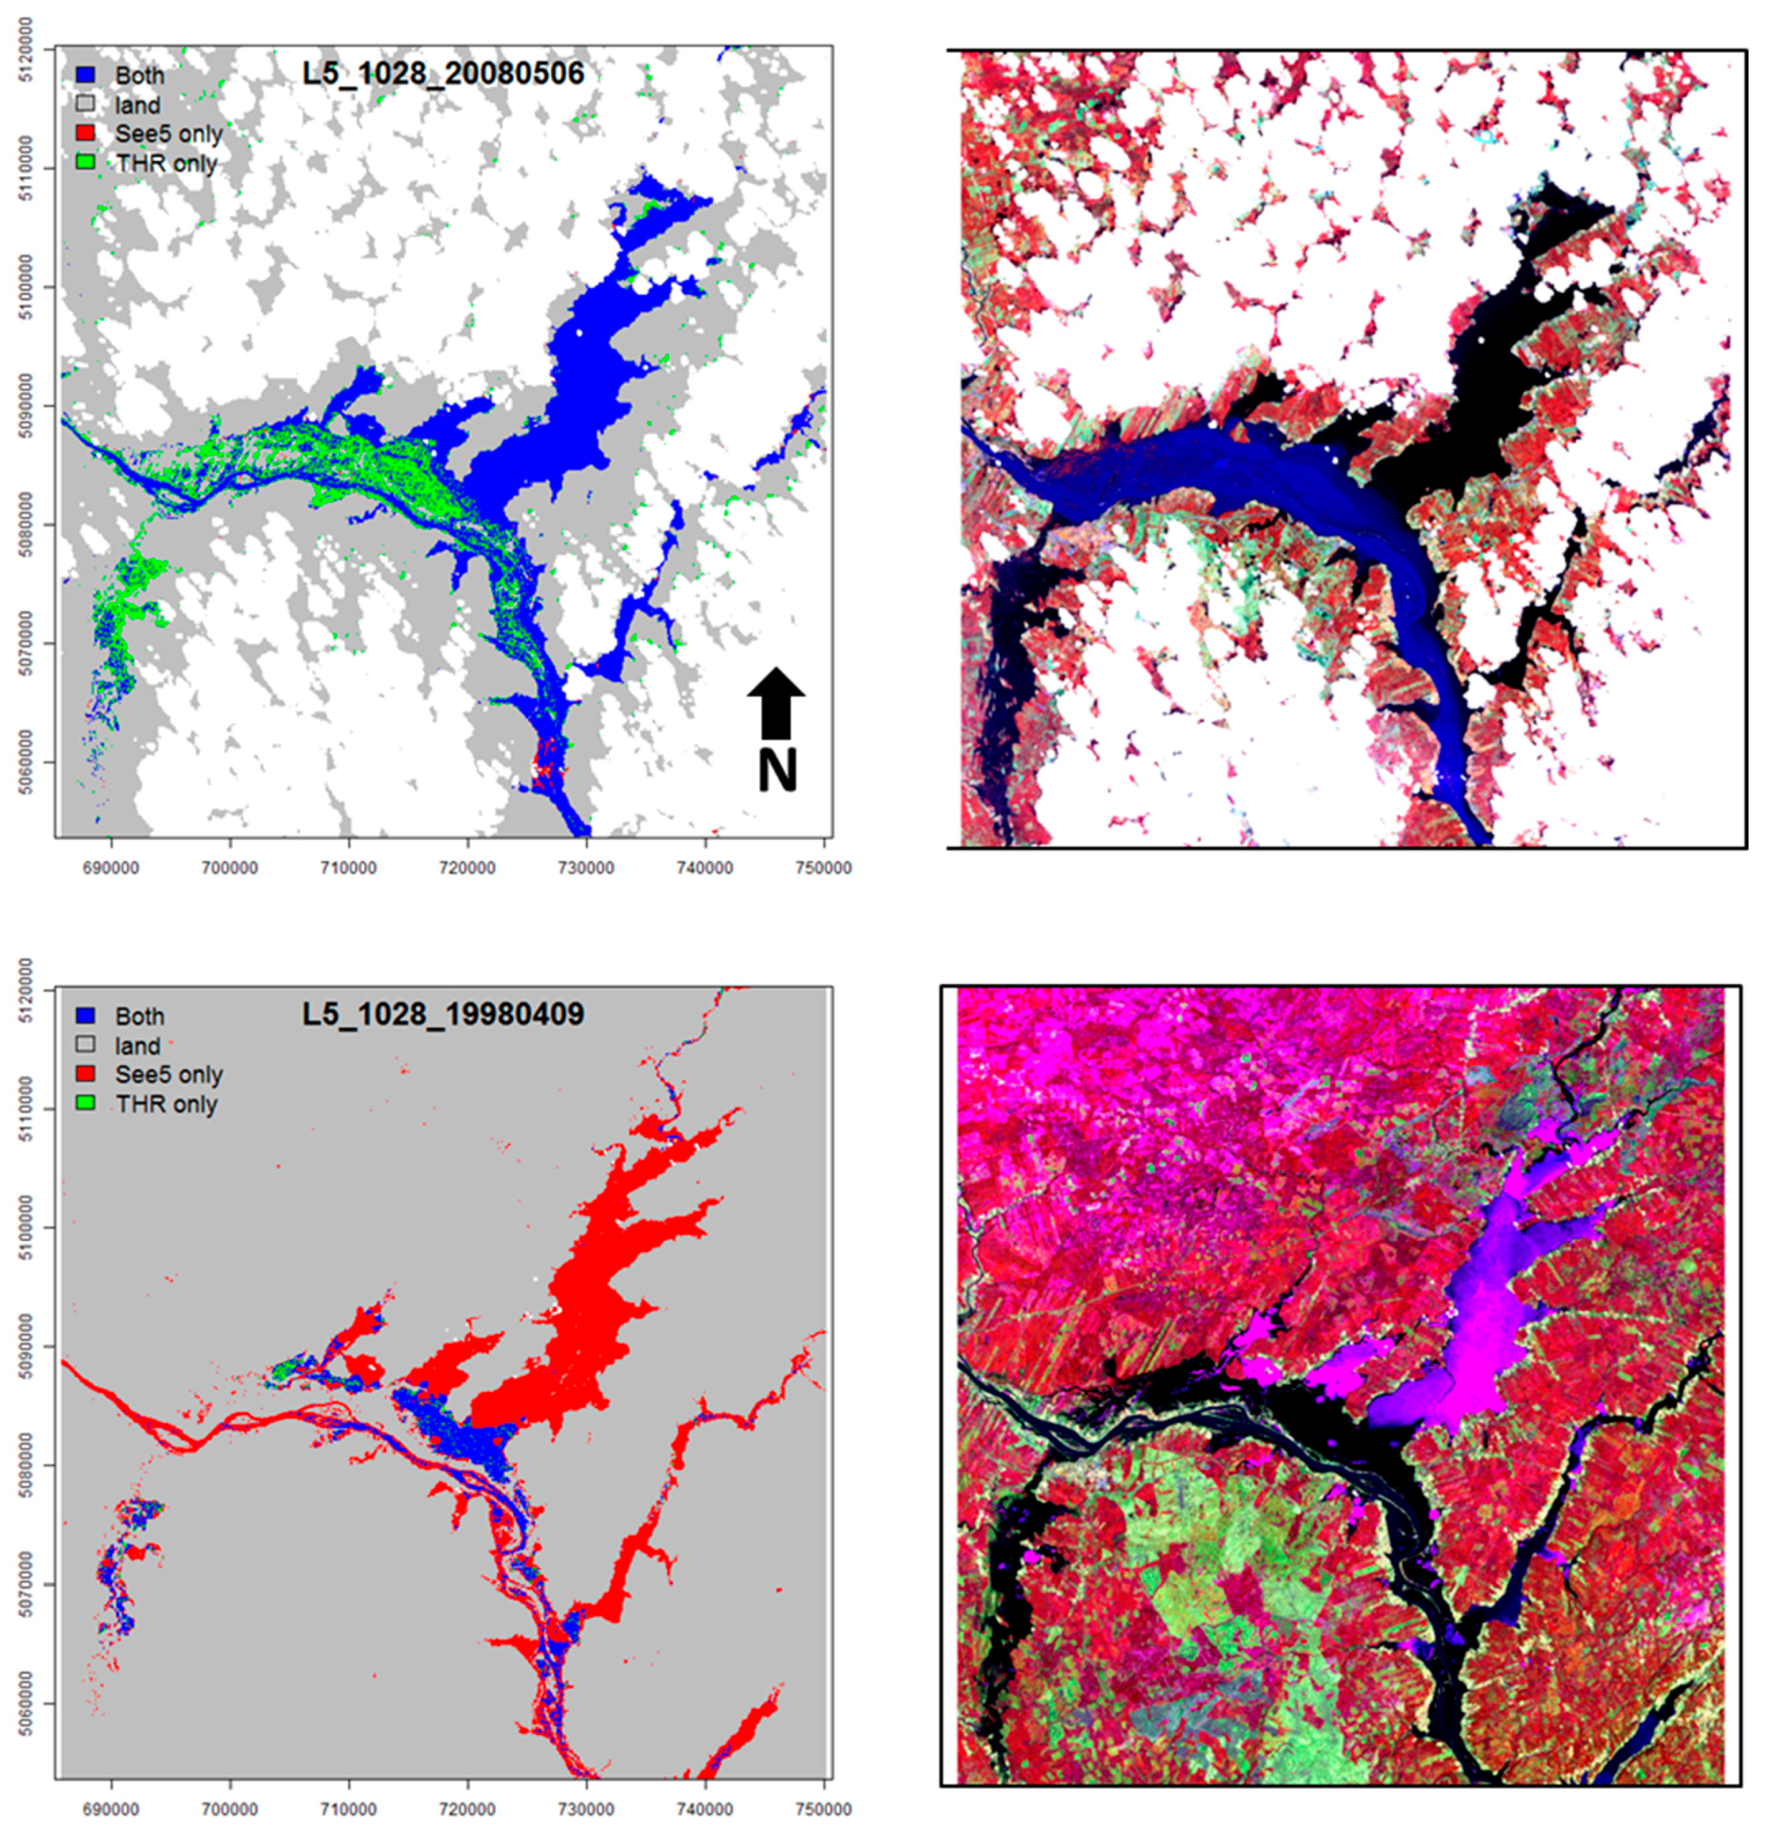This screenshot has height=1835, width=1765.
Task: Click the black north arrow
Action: (775, 702)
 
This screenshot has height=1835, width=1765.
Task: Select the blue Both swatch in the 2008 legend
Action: (86, 75)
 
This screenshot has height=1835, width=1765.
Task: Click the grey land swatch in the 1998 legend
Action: (86, 1045)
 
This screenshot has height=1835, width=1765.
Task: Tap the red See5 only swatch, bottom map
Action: (86, 1074)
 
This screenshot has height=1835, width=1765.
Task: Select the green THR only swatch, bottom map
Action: (86, 1104)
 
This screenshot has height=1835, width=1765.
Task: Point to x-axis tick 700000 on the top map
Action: (230, 868)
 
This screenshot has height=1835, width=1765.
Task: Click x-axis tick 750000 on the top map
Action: (822, 868)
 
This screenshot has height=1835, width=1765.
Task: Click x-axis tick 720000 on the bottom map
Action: (467, 1810)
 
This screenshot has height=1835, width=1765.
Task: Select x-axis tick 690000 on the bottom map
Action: (111, 1810)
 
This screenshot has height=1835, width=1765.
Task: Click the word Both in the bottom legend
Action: (139, 1016)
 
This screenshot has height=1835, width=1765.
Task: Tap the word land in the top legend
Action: (138, 105)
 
